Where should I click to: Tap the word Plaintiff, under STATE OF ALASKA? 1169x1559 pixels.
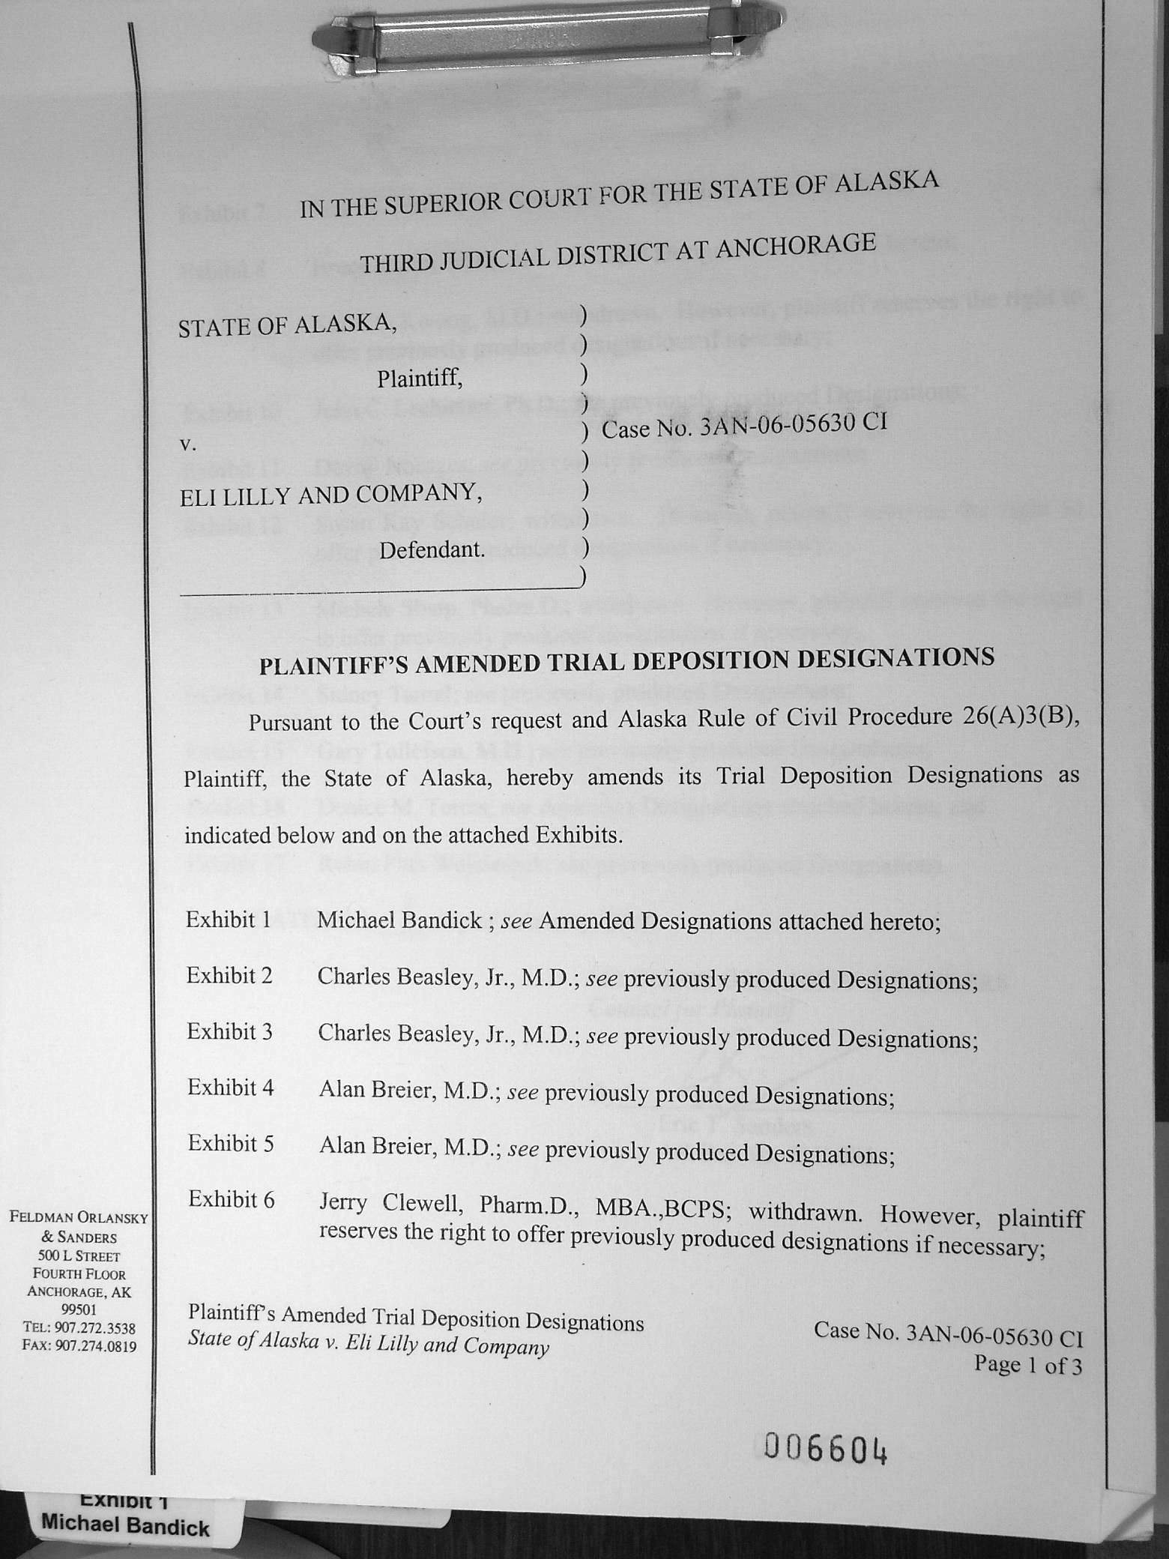click(420, 379)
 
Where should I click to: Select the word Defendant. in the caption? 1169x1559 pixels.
click(432, 550)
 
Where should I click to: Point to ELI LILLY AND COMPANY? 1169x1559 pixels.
click(330, 495)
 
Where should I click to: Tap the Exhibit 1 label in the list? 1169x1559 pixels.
click(228, 920)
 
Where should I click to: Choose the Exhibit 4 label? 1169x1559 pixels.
click(230, 1088)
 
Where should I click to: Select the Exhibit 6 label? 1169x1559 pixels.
click(231, 1200)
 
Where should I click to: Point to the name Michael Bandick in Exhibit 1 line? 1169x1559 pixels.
click(399, 920)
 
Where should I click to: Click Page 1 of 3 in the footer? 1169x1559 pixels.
click(1027, 1366)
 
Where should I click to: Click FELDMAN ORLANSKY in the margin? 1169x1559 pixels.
click(79, 1218)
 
